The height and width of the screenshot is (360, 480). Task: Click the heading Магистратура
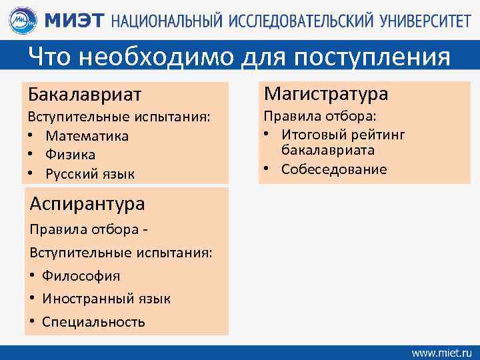(x=326, y=93)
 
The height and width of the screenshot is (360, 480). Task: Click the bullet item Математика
(x=87, y=136)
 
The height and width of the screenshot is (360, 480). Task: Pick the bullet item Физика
(x=70, y=155)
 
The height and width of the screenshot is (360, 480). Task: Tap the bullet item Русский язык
(x=89, y=174)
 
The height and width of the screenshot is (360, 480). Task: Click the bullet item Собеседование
(x=333, y=169)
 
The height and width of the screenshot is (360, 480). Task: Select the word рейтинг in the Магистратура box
(x=377, y=135)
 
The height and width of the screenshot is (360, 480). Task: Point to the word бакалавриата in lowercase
(x=327, y=151)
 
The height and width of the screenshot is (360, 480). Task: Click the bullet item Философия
(x=81, y=275)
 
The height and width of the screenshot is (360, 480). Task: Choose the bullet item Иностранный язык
(x=106, y=299)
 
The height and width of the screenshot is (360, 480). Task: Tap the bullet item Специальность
(x=93, y=322)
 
